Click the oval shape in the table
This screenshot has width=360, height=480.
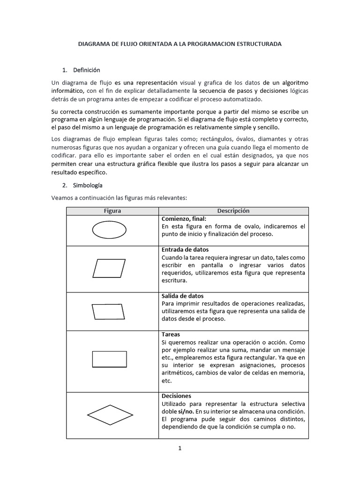[109, 230]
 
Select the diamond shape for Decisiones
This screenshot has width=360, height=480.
[110, 415]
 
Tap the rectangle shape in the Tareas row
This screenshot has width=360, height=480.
[109, 359]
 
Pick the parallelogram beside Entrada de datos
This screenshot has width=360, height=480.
[109, 268]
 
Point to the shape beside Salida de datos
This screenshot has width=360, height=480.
[110, 312]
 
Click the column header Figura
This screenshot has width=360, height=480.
[112, 211]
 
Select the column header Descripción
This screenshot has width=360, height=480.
[233, 211]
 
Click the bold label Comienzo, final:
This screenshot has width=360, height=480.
[184, 219]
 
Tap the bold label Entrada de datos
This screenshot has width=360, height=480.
[185, 249]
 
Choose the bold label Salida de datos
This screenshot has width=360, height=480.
[182, 296]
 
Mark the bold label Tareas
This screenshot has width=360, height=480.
[171, 335]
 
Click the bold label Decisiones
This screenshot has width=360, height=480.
[176, 396]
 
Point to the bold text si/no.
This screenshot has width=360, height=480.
[186, 411]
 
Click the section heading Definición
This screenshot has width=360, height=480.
[87, 70]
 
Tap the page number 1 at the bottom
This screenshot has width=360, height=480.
[180, 448]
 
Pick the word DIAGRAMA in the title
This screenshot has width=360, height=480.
[93, 44]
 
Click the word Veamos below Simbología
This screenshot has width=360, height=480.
[62, 197]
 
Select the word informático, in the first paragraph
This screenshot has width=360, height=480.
[67, 90]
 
